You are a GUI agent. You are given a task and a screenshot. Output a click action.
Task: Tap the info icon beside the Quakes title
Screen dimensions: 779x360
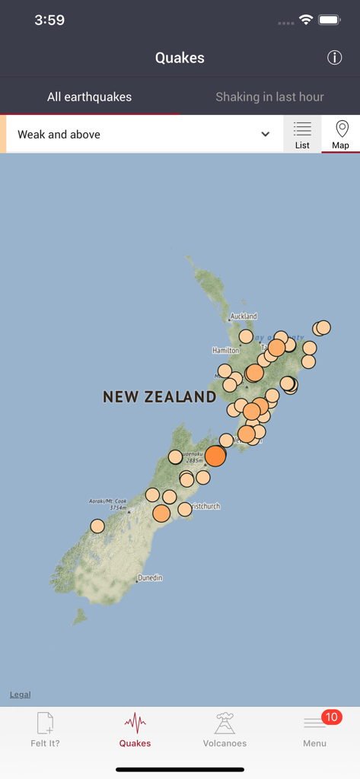[x=334, y=58]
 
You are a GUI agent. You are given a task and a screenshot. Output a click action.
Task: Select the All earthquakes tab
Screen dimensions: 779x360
[x=89, y=97]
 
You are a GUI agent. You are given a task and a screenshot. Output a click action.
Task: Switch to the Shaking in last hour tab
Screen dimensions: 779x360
[x=269, y=97]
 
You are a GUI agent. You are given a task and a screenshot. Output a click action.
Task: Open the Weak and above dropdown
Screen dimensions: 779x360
[x=144, y=135]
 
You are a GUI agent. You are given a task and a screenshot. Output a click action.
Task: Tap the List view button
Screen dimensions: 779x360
[x=302, y=135]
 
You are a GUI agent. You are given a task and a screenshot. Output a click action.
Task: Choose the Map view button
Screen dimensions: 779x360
[x=341, y=135]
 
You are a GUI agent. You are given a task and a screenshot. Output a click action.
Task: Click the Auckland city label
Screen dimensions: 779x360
[x=244, y=316]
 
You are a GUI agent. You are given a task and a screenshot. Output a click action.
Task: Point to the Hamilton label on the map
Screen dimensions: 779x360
[x=225, y=351]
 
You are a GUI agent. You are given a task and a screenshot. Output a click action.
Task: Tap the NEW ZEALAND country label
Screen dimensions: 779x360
[x=160, y=396]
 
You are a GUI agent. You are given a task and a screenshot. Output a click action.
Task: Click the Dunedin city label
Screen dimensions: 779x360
[x=150, y=578]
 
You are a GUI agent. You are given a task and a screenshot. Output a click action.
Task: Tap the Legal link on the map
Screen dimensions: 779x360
[x=21, y=695]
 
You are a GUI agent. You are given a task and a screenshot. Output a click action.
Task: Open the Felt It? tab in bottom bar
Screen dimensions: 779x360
[x=45, y=730]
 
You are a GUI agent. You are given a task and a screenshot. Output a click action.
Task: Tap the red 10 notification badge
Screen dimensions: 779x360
[x=331, y=717]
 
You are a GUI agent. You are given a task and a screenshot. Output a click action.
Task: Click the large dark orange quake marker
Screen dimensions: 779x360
[x=215, y=456]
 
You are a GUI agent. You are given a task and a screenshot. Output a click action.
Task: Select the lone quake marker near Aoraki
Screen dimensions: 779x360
[x=97, y=526]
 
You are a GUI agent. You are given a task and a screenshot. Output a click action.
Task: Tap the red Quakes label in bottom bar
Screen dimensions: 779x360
[x=135, y=743]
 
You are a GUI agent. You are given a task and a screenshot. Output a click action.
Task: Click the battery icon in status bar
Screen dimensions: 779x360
[x=329, y=21]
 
